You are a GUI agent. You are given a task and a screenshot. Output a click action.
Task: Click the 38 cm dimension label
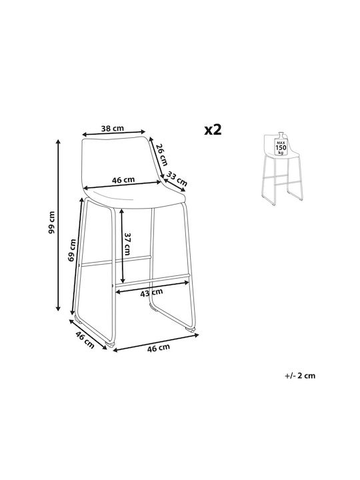click(113, 128)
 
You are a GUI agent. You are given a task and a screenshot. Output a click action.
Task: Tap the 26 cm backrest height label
click(162, 155)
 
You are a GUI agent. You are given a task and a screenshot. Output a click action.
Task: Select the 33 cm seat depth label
click(176, 179)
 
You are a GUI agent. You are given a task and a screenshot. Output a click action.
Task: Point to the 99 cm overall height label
click(52, 222)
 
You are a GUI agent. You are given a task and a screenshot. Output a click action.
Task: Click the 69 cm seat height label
click(72, 250)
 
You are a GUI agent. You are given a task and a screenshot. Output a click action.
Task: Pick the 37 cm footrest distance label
click(127, 244)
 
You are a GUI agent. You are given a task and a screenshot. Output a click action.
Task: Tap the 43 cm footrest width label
click(151, 293)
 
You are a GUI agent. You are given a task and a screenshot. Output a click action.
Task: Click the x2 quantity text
click(213, 129)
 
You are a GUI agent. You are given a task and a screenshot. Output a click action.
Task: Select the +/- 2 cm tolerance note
click(300, 375)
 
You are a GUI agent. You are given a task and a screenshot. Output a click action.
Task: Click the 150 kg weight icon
click(281, 144)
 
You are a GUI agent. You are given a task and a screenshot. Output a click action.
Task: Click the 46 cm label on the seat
click(123, 180)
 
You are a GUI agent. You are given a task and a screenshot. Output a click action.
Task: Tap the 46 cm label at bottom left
click(85, 339)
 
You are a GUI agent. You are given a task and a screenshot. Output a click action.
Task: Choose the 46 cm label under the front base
click(158, 348)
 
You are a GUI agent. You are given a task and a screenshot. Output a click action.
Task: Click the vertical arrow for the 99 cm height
click(58, 225)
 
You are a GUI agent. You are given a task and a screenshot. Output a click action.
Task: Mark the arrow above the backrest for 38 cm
click(113, 133)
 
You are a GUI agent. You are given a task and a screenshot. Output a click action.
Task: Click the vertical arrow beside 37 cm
click(122, 246)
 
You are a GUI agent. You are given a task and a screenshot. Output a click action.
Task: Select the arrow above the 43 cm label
click(152, 287)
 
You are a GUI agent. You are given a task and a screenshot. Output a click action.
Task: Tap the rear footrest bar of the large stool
click(116, 260)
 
